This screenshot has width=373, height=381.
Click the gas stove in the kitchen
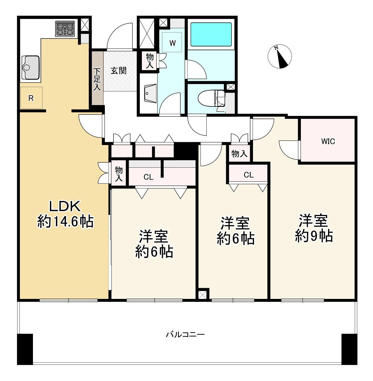65,29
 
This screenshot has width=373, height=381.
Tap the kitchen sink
31,68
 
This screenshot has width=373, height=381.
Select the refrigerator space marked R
31,98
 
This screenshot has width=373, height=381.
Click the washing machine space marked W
172,42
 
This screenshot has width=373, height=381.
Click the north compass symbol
280,57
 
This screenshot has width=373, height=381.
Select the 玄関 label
118,71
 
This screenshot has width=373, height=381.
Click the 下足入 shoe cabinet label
97,79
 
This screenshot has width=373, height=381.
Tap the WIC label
328,141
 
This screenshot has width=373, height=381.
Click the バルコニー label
185,335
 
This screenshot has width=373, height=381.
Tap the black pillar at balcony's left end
25,349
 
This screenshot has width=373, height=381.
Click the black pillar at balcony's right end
349,349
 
